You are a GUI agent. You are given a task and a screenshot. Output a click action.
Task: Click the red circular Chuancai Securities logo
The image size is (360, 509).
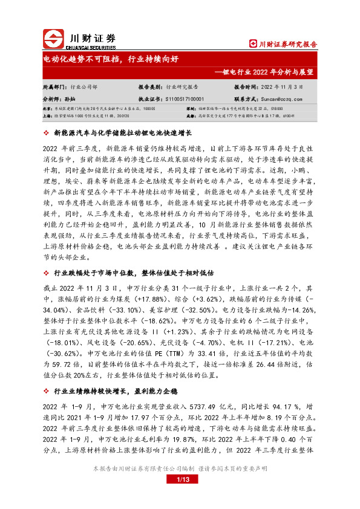pyautogui.click(x=54, y=39)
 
